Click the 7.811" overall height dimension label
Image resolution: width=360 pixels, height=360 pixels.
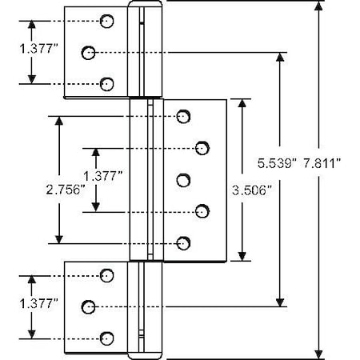click(x=322, y=163)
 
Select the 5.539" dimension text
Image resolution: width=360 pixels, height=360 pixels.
click(x=277, y=163)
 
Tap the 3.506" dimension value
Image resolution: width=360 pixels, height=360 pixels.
click(x=251, y=190)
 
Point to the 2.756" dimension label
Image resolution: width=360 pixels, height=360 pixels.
click(x=66, y=190)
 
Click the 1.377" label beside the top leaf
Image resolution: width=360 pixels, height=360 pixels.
click(x=38, y=49)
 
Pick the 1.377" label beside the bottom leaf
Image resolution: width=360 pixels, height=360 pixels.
click(x=38, y=303)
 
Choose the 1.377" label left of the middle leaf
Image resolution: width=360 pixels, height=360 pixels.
click(x=102, y=176)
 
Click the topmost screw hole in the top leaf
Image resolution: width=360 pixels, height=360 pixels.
click(x=106, y=21)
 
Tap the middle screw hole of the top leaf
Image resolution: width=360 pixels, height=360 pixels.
click(x=88, y=53)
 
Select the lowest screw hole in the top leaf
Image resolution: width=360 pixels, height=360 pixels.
click(x=106, y=84)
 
